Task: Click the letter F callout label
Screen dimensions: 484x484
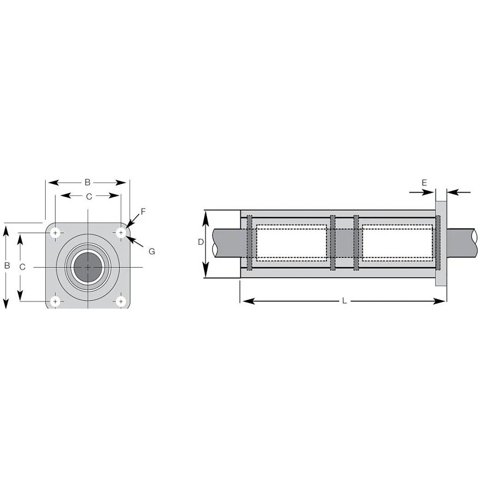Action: (x=143, y=212)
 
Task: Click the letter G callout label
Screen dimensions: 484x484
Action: (x=152, y=252)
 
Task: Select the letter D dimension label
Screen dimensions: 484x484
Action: (x=201, y=242)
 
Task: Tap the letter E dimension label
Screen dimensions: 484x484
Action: (x=424, y=183)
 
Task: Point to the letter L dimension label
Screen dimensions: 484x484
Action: (x=345, y=301)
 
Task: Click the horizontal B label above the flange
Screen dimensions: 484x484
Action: (x=88, y=182)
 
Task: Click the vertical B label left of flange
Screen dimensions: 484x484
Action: (x=7, y=266)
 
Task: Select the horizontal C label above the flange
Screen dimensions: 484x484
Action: (x=89, y=197)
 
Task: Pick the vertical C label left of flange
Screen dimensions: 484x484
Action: (x=22, y=267)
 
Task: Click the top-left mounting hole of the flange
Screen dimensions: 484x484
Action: (x=55, y=232)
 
